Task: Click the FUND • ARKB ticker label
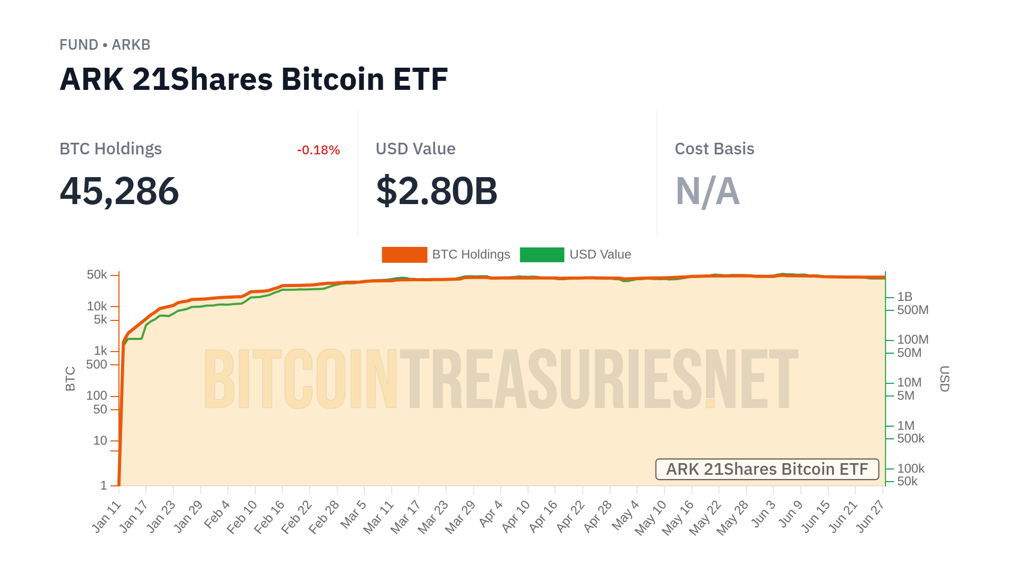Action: [105, 45]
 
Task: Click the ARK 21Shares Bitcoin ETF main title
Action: [254, 79]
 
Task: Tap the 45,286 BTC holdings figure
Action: [119, 191]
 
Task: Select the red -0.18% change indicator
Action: [318, 150]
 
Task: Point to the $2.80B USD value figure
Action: [437, 191]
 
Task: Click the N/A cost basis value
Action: [707, 191]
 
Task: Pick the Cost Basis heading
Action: [714, 149]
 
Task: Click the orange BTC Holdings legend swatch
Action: [404, 255]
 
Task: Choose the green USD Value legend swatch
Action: [542, 255]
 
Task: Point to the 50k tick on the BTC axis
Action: [97, 275]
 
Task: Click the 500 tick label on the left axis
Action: [97, 364]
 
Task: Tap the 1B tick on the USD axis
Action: [905, 297]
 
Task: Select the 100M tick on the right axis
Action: [912, 339]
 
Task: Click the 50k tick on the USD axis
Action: [907, 481]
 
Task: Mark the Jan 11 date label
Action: [107, 516]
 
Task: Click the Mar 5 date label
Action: [354, 514]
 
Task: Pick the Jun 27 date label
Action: [870, 516]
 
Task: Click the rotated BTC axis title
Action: [70, 379]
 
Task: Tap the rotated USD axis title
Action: [945, 379]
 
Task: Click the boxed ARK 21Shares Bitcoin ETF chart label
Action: [767, 469]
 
